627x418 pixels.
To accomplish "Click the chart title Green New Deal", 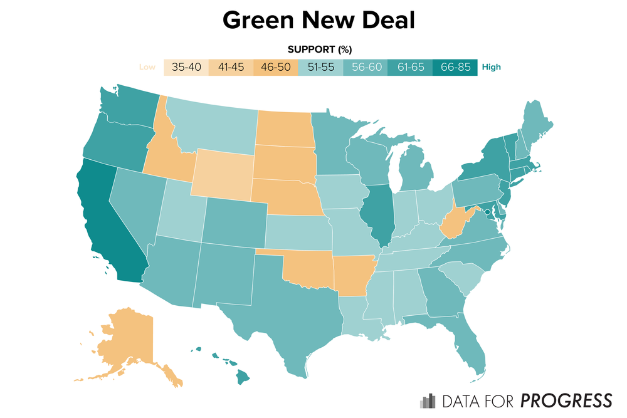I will (x=319, y=20).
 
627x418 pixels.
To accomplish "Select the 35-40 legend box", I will (x=186, y=67).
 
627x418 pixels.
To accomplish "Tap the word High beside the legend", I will (x=492, y=68).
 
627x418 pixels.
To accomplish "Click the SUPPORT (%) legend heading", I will (x=319, y=50).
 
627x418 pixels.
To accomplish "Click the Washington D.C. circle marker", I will (x=488, y=212).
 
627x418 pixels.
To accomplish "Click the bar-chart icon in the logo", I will (x=428, y=400).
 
